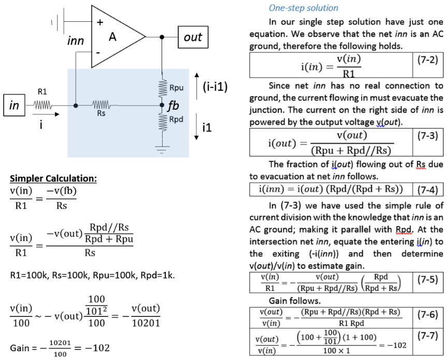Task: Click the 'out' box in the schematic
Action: pos(193,37)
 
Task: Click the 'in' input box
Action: pos(14,106)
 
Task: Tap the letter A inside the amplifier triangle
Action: pos(112,37)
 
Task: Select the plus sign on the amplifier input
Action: pos(100,22)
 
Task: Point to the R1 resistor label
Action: pos(42,92)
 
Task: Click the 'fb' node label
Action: pos(173,106)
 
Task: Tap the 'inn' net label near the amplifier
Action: pos(76,41)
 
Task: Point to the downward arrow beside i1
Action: pos(197,127)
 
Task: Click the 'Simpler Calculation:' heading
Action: pos(53,179)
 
